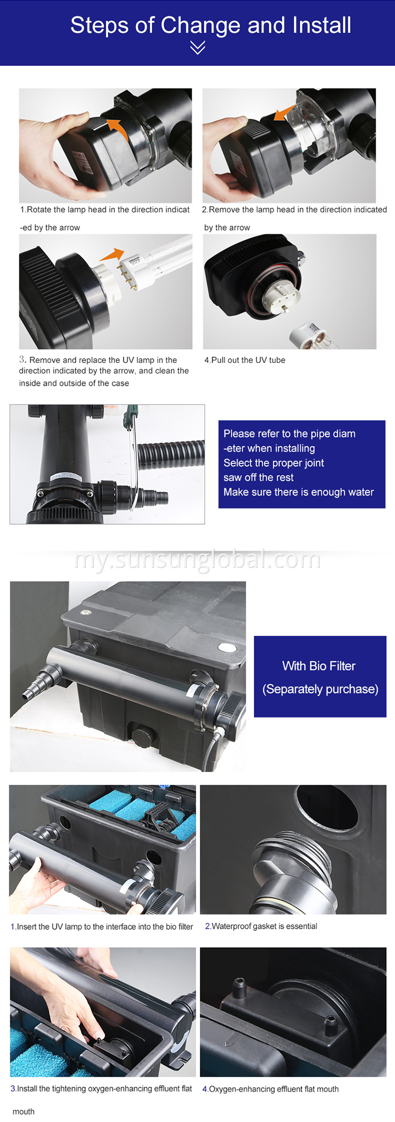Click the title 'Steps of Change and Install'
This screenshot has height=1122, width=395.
click(211, 25)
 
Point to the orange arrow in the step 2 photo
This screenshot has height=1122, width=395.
click(284, 112)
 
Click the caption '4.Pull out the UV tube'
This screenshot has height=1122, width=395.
click(245, 360)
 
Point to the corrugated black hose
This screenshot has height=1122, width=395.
click(171, 454)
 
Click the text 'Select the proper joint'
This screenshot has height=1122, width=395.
click(273, 463)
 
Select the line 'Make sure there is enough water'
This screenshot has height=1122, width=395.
click(298, 492)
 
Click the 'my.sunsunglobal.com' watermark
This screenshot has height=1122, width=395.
click(197, 559)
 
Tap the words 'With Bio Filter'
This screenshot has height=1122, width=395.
click(319, 666)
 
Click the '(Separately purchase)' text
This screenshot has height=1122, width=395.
click(320, 689)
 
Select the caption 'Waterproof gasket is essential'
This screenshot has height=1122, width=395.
click(261, 926)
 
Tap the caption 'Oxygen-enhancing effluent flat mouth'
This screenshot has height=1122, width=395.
click(271, 1089)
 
